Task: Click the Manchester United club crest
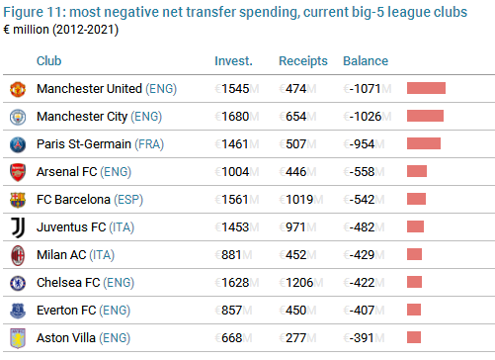[18, 89]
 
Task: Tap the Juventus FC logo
[18, 227]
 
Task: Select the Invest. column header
[233, 61]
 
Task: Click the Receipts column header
[303, 61]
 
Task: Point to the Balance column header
[366, 61]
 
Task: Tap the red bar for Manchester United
[426, 88]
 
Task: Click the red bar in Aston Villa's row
[414, 337]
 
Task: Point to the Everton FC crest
[18, 311]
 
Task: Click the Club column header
[48, 61]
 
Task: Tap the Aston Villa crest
[18, 338]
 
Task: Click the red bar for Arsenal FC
[417, 171]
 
